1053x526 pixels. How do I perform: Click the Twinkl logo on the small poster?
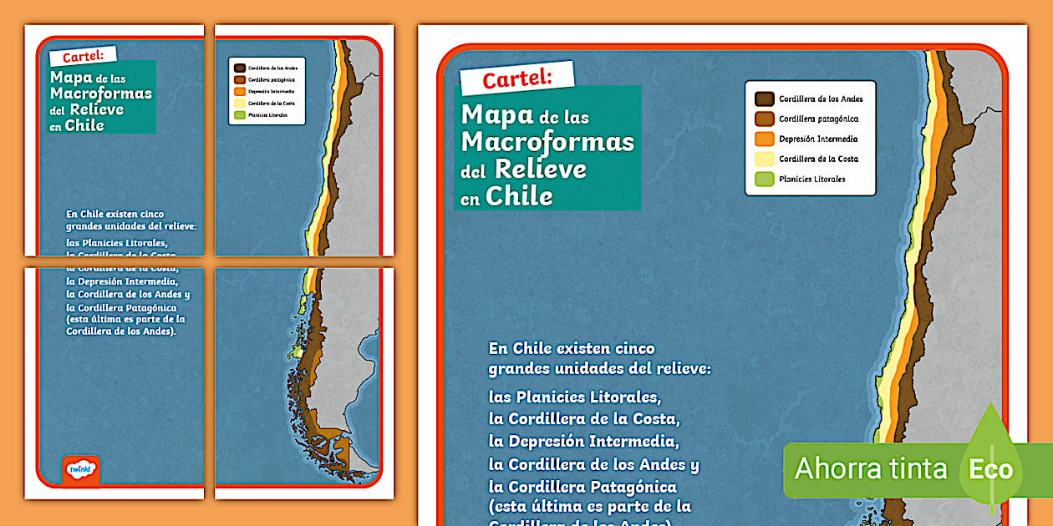(x=81, y=469)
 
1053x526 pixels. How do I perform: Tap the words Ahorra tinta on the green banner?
(x=871, y=468)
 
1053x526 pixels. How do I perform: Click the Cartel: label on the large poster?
(x=516, y=78)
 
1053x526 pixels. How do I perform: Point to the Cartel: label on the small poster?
(x=82, y=57)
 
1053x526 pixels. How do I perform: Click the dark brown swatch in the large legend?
(x=764, y=99)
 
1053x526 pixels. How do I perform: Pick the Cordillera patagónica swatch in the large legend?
(x=764, y=119)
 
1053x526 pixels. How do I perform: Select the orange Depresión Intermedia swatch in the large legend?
(x=764, y=139)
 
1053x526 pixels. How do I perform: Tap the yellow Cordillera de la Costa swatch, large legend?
(x=764, y=159)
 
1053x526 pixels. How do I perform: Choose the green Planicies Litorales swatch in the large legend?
(x=764, y=179)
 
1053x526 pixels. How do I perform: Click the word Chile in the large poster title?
(x=519, y=196)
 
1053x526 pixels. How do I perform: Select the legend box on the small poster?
(x=267, y=91)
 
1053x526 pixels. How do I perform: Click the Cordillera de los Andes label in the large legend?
(x=821, y=99)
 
